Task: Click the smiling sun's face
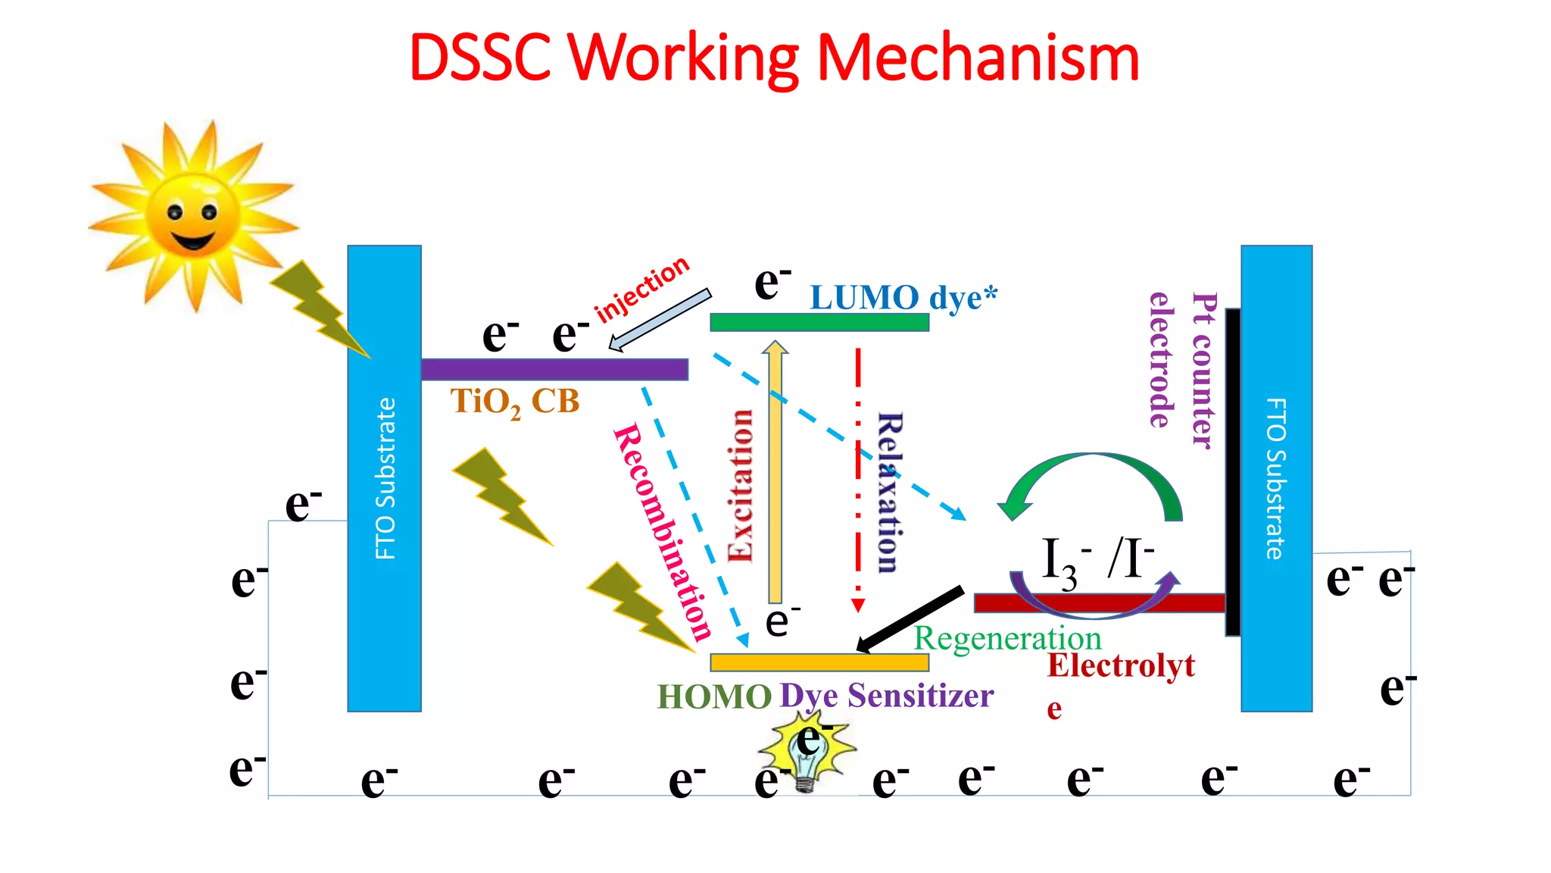192,218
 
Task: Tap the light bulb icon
806,755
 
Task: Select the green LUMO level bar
819,322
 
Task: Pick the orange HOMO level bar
819,662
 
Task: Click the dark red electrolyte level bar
1098,603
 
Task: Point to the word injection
642,289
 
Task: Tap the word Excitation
741,485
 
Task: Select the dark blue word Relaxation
889,493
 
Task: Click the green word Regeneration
1007,639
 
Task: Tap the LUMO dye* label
903,298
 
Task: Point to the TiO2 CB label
515,402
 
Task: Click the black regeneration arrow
910,618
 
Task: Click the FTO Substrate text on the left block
385,478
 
